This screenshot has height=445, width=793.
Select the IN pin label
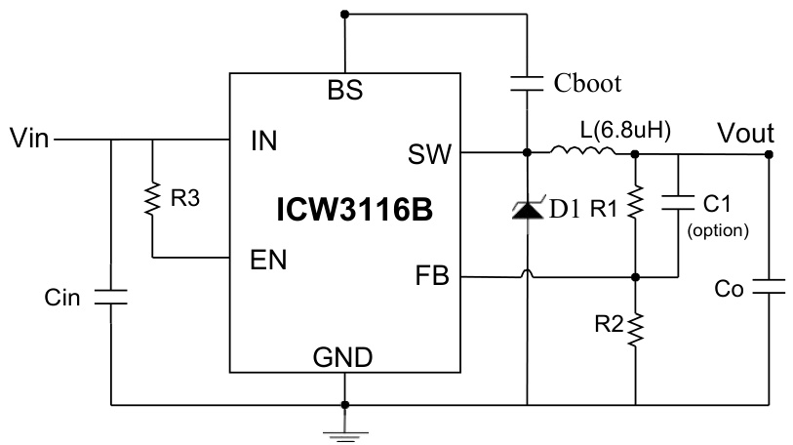[x=263, y=142]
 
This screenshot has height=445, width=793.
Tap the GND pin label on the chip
[x=344, y=357]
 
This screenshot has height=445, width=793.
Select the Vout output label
[x=745, y=132]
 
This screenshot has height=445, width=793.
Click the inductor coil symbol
[x=582, y=151]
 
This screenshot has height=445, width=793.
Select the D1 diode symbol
[x=527, y=208]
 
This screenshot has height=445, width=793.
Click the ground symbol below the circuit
[x=344, y=428]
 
